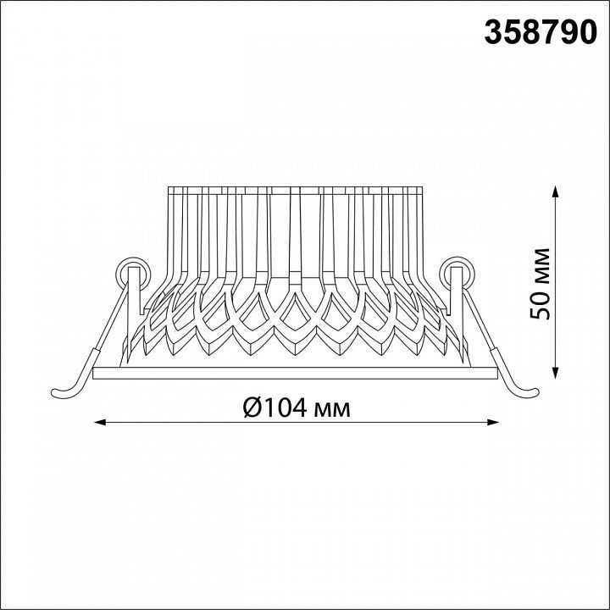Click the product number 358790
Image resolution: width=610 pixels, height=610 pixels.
tap(541, 32)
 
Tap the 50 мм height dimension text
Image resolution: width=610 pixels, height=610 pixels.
tap(541, 284)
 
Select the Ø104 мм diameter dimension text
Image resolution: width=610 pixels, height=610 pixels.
tap(297, 408)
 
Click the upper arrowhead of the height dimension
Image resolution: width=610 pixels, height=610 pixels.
tap(557, 192)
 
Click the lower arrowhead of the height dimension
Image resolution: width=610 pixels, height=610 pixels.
tap(557, 372)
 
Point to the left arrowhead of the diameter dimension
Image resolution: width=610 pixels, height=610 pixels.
tap(101, 422)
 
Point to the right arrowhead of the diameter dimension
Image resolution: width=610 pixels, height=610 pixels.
tap(491, 422)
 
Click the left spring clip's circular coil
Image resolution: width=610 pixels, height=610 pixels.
tap(133, 273)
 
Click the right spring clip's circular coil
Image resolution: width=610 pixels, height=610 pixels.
tap(457, 273)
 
